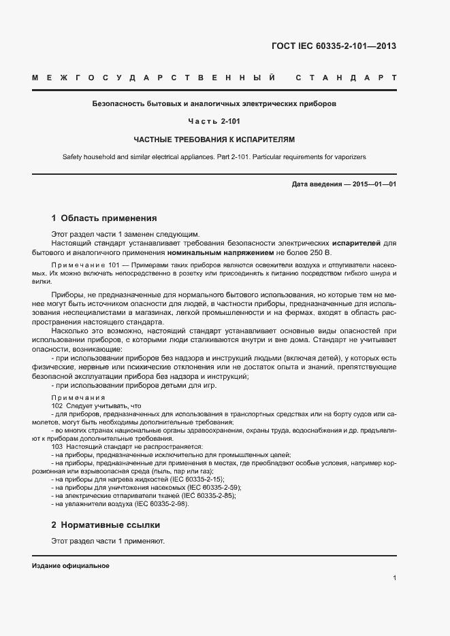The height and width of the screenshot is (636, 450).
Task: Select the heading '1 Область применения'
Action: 104,218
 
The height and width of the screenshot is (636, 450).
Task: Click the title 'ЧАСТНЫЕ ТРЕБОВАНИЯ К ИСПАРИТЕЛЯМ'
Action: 214,139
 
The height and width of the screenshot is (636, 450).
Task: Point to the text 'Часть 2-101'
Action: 214,122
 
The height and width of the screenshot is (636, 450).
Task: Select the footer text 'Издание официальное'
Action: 71,566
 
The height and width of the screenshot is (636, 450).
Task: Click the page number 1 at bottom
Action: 394,578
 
